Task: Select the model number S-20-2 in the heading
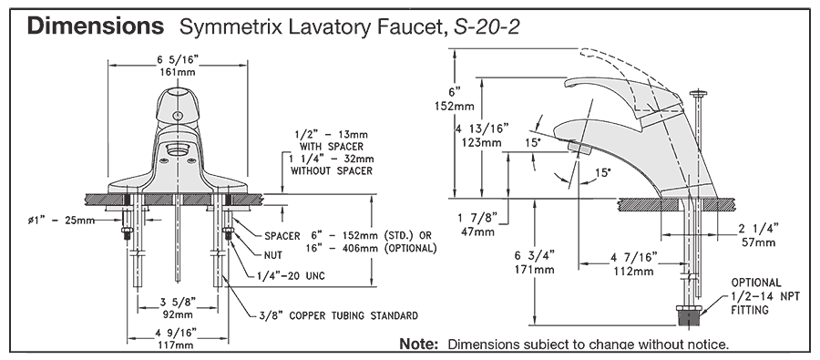tap(487, 26)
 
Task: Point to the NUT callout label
tap(273, 255)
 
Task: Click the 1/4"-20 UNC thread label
tap(291, 276)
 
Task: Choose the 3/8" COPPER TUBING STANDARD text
tap(338, 315)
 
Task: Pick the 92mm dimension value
tap(178, 315)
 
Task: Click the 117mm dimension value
tap(178, 345)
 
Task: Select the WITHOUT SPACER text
tap(332, 170)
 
